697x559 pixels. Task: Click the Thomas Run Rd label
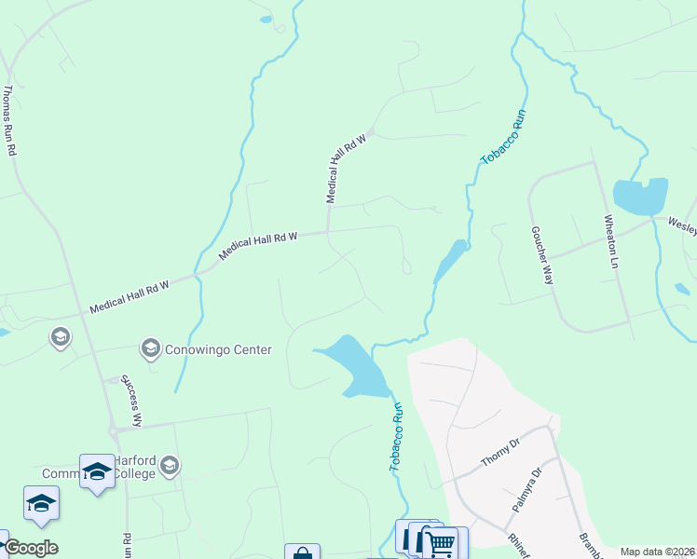(8, 120)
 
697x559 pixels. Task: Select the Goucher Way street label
(541, 254)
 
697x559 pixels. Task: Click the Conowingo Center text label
(220, 350)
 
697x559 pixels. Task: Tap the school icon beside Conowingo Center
(149, 349)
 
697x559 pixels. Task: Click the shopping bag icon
(302, 553)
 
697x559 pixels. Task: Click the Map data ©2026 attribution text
(656, 552)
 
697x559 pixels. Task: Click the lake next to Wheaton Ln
(641, 196)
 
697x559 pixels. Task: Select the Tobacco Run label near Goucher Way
(504, 137)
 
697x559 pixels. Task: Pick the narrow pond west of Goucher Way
(450, 262)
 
